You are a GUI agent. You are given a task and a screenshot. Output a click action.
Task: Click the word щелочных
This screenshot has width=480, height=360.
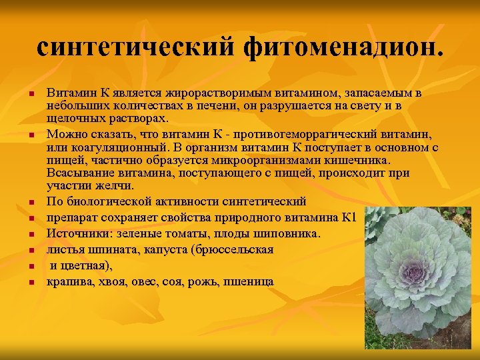pos(75,118)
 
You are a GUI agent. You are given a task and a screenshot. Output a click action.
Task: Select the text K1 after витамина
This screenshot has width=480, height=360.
pos(349,217)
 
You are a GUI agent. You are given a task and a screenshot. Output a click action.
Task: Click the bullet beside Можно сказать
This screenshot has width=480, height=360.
pos(31,135)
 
